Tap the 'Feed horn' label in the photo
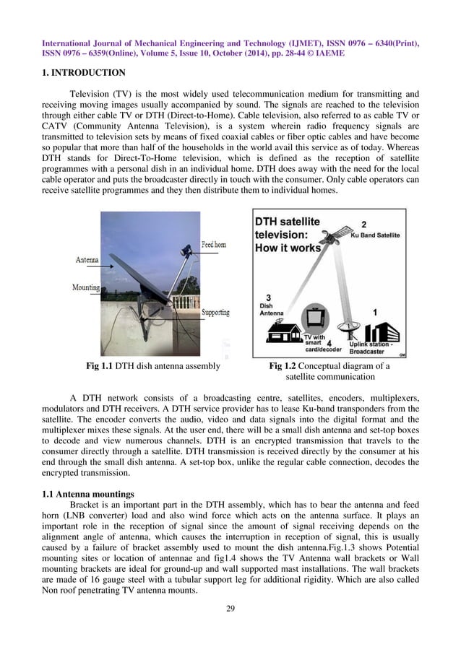pyautogui.click(x=213, y=245)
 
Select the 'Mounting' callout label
pyautogui.click(x=86, y=287)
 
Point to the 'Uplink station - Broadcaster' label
pyautogui.click(x=371, y=349)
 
